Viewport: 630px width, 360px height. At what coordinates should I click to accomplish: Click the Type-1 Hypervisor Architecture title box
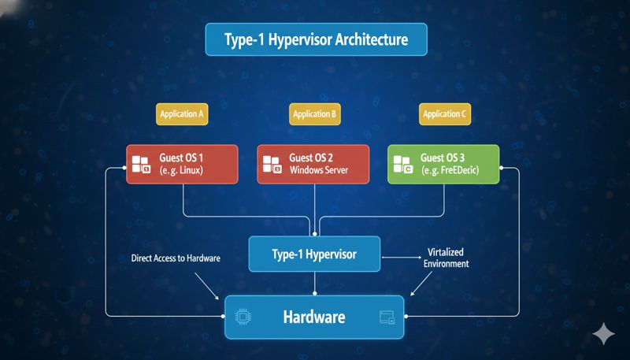(x=315, y=39)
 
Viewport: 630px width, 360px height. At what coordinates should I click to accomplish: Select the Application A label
(x=182, y=114)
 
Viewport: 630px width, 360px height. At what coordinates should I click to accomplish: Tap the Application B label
(x=315, y=114)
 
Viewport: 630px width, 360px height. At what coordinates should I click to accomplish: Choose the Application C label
(x=445, y=114)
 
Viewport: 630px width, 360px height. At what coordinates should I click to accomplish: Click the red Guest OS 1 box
(x=182, y=164)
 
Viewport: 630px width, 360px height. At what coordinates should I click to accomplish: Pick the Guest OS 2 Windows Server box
(x=313, y=164)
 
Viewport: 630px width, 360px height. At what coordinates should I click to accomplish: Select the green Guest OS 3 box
(x=444, y=164)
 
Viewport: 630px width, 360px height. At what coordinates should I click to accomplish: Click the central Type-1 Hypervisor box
(x=313, y=254)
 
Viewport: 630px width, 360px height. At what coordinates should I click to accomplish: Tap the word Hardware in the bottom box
(x=314, y=317)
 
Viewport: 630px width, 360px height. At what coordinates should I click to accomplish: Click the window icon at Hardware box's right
(x=387, y=317)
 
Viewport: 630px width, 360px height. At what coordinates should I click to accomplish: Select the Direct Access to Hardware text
(x=176, y=258)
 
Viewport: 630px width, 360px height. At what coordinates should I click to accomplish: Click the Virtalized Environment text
(x=446, y=258)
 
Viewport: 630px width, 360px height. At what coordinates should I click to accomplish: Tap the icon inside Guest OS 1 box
(x=140, y=165)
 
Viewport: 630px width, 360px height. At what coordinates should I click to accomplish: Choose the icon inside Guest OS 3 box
(x=403, y=165)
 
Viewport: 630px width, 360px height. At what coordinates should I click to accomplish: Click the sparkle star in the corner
(x=604, y=334)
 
